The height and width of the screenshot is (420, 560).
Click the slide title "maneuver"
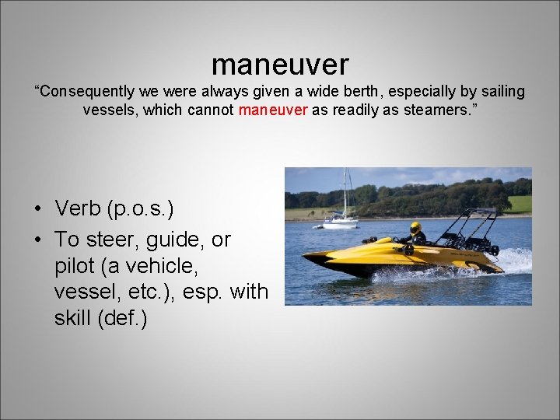[280, 64]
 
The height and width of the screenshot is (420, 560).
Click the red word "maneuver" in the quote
[273, 110]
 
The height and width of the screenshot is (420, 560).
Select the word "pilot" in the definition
[75, 266]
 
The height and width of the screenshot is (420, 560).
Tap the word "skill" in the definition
[75, 319]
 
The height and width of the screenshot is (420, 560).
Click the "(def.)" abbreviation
[129, 319]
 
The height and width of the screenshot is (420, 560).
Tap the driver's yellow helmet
[415, 228]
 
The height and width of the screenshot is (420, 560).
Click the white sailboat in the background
[340, 222]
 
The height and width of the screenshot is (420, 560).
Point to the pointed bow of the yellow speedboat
[307, 256]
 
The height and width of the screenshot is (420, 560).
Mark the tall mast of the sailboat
[345, 191]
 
